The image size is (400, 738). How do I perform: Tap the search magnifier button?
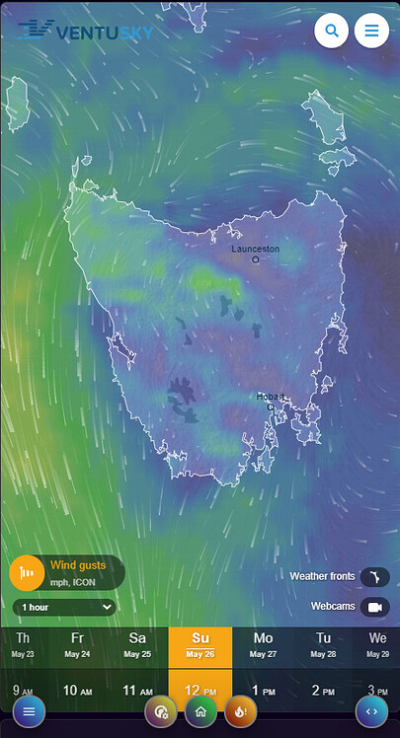tap(332, 31)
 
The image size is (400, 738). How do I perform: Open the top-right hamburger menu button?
tap(371, 31)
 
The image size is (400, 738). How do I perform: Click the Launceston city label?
tap(255, 249)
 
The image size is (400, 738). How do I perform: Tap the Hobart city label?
tap(270, 396)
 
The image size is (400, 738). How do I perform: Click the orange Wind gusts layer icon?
tap(26, 573)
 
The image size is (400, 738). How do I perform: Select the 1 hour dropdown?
tap(64, 608)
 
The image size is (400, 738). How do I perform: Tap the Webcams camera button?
tap(374, 607)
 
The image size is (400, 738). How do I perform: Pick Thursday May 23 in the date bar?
tap(23, 644)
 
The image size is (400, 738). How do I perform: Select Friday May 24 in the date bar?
tap(77, 644)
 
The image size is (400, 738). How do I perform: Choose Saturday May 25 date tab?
tap(137, 644)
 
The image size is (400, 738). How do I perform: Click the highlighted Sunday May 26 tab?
tap(200, 644)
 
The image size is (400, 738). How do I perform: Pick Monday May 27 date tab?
tap(263, 644)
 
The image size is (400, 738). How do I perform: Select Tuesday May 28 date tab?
tap(323, 644)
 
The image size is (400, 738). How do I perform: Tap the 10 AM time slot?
tap(77, 690)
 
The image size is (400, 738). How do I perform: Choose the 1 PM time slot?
tap(263, 690)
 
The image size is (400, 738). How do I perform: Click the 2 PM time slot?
tap(323, 690)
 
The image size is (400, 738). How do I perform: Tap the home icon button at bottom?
tap(200, 710)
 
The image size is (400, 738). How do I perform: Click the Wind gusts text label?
tap(77, 565)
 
